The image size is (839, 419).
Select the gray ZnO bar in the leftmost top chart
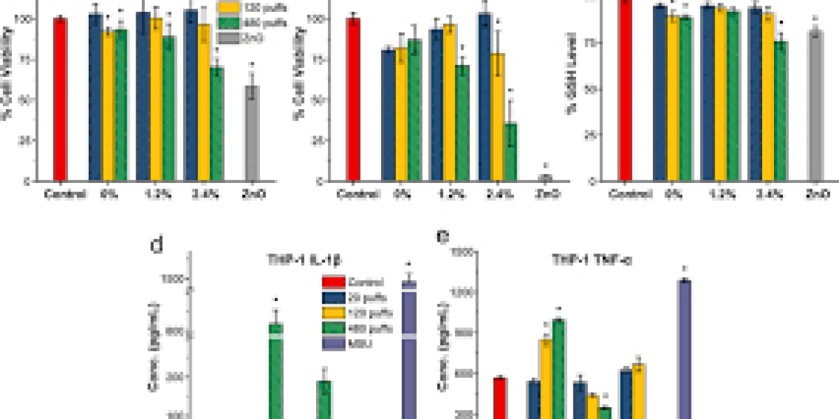pos(251,133)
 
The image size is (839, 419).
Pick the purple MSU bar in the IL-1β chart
pos(409,349)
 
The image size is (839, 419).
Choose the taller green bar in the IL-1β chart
pos(276,370)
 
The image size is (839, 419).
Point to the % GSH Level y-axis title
pos(595,91)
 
